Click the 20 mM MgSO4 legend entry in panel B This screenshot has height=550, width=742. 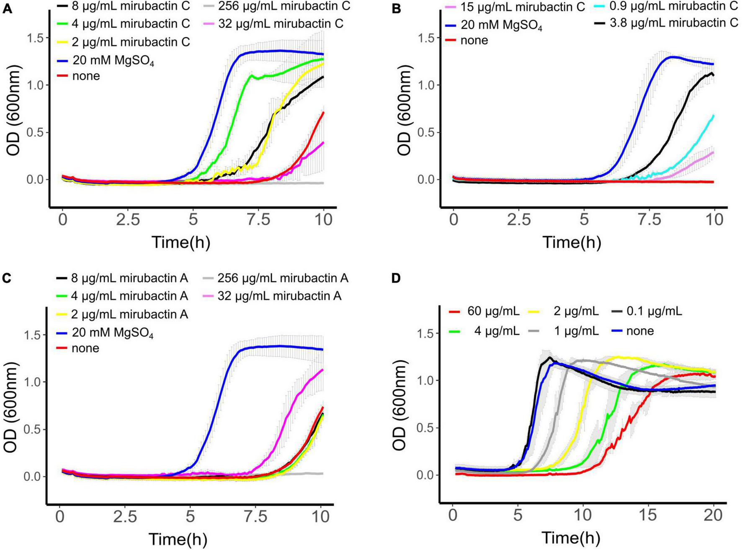[502, 26]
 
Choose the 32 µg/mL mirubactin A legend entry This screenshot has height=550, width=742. [279, 296]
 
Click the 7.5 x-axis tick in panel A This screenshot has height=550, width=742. [258, 220]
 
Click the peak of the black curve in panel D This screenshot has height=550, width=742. [550, 357]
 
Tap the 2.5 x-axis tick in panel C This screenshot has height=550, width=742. [125, 517]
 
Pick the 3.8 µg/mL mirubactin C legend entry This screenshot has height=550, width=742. [674, 23]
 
